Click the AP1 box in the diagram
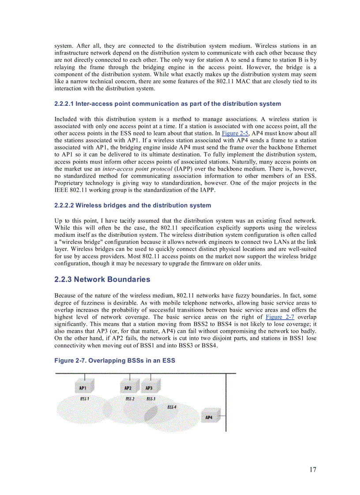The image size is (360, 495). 83,388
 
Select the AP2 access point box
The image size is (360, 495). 128,388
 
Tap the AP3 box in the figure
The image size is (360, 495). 149,388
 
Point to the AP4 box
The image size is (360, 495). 209,417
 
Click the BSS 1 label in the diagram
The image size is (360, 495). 84,398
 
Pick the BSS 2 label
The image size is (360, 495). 130,398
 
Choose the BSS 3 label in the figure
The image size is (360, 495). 151,398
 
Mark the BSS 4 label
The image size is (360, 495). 172,407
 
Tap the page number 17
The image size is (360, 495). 312,469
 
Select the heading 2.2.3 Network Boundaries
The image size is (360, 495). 102,279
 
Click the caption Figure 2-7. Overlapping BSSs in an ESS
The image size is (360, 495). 115,361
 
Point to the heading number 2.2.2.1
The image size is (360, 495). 64,104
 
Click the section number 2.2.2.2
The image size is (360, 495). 64,205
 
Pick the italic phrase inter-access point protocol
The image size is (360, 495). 130,169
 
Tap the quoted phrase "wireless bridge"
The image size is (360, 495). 75,242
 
